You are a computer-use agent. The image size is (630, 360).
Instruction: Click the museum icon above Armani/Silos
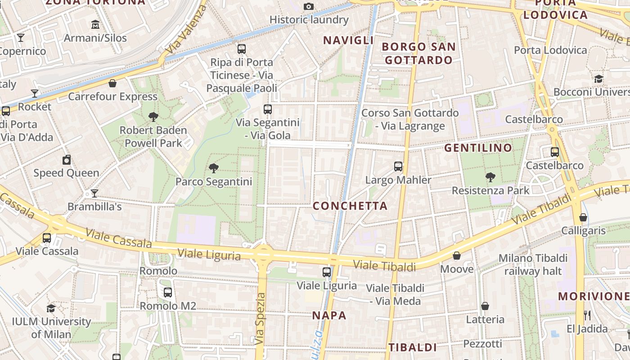pyautogui.click(x=95, y=24)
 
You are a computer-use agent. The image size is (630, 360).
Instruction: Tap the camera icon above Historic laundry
pyautogui.click(x=308, y=6)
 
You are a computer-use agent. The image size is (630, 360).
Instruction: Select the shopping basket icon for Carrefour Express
pyautogui.click(x=112, y=83)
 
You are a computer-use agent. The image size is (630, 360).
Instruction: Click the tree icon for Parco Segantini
pyautogui.click(x=214, y=168)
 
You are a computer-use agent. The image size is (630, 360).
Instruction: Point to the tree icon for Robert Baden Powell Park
pyautogui.click(x=153, y=117)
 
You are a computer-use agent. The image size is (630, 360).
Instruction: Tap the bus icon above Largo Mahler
pyautogui.click(x=398, y=166)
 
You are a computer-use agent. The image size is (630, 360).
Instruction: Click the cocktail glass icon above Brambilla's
pyautogui.click(x=94, y=193)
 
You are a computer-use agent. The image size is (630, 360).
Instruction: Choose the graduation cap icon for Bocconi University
pyautogui.click(x=598, y=79)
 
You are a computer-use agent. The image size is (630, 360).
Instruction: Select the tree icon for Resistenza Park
pyautogui.click(x=490, y=177)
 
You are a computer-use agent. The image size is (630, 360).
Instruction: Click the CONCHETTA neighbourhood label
pyautogui.click(x=350, y=206)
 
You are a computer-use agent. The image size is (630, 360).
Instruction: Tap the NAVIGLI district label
pyautogui.click(x=349, y=40)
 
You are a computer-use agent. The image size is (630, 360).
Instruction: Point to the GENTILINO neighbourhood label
pyautogui.click(x=478, y=148)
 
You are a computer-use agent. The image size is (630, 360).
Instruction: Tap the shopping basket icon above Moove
pyautogui.click(x=457, y=256)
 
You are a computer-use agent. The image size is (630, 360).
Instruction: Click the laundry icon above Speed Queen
pyautogui.click(x=67, y=160)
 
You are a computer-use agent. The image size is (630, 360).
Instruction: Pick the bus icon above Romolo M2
pyautogui.click(x=168, y=292)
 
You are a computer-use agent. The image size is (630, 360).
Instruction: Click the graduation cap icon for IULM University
pyautogui.click(x=51, y=308)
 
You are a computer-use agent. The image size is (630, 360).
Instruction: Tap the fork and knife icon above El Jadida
pyautogui.click(x=587, y=315)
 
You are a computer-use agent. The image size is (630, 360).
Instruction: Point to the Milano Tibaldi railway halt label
pyautogui.click(x=533, y=265)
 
